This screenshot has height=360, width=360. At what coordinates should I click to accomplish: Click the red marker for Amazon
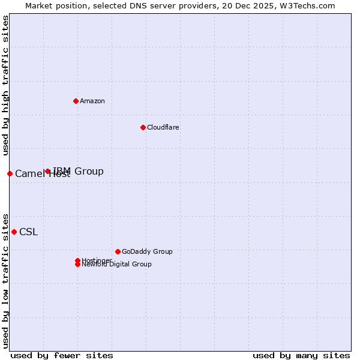click(x=76, y=101)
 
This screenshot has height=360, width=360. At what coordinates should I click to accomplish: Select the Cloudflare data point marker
click(x=143, y=127)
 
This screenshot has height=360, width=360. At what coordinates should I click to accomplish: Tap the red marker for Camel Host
click(x=10, y=173)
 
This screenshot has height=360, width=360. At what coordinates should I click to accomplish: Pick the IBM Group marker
click(x=47, y=172)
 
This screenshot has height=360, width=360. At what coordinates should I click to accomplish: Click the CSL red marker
click(x=14, y=232)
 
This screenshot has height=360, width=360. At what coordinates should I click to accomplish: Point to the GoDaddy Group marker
click(x=118, y=251)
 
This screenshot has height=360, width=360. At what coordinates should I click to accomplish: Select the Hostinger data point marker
click(x=77, y=260)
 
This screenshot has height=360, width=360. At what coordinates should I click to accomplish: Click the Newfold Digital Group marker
click(x=77, y=265)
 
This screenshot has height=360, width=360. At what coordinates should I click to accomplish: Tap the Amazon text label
click(x=92, y=101)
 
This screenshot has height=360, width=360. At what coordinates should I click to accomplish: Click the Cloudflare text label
click(x=163, y=127)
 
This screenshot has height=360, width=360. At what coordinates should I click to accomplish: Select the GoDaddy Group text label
click(x=147, y=251)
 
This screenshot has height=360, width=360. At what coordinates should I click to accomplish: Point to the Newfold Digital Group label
click(x=116, y=265)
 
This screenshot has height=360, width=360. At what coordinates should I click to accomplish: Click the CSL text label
click(x=28, y=232)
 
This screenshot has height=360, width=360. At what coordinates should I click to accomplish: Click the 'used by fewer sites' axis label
click(x=62, y=355)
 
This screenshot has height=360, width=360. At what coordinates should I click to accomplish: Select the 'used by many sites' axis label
click(x=301, y=355)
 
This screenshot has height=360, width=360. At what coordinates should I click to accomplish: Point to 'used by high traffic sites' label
click(x=5, y=86)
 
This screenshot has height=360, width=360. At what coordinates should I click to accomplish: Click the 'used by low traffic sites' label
click(x=5, y=280)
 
